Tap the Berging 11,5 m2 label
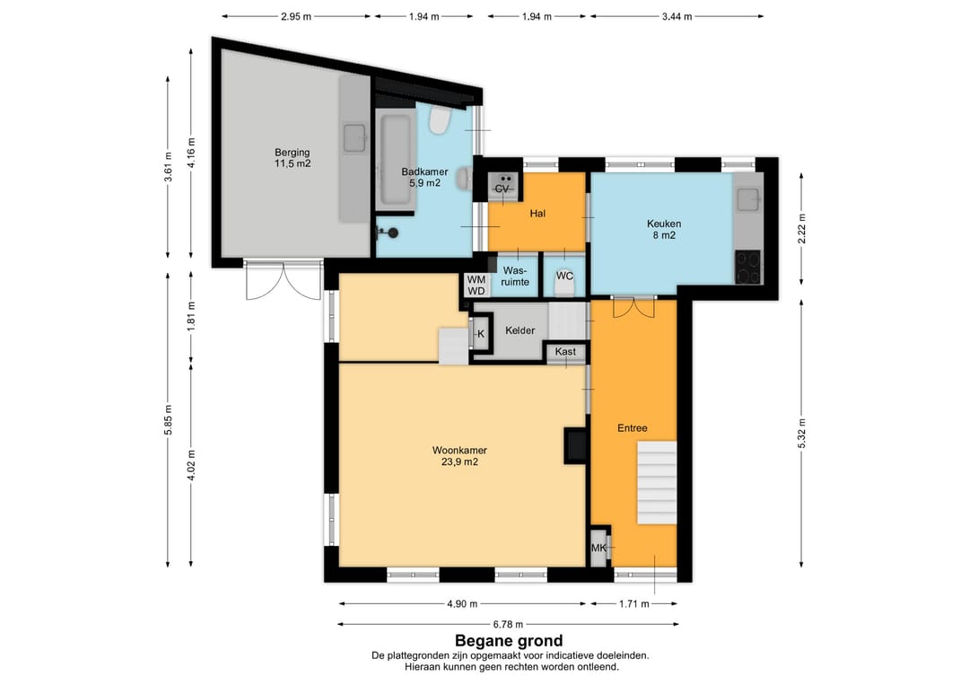pos(292,158)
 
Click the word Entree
pos(633,428)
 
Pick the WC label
pos(564,276)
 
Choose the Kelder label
pos(519,330)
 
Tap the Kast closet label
pos(565,351)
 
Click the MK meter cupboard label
pos(598,548)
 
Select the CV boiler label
pos(502,189)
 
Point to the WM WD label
pos(476,285)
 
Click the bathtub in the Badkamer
pos(396,160)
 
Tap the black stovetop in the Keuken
pos(747,267)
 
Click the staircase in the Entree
pos(657,483)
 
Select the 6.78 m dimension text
pos(508,625)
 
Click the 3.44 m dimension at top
pos(677,17)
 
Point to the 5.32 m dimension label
pos(802,433)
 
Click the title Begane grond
pos(509,641)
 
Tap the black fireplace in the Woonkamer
pos(575,444)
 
